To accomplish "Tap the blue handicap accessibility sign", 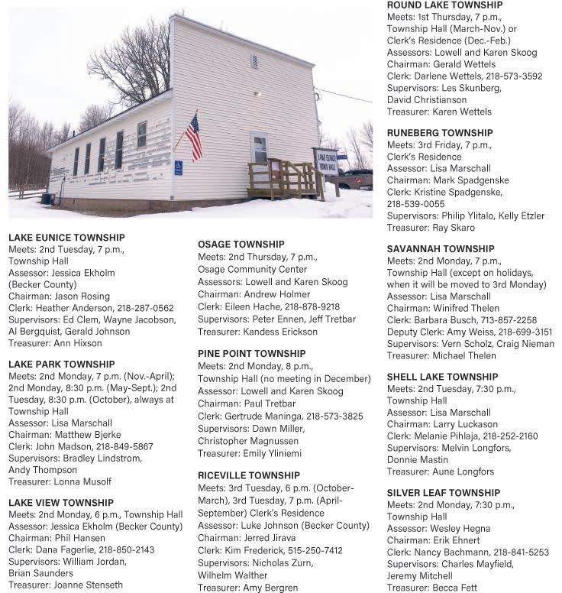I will [x=179, y=167].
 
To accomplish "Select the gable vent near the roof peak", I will [x=254, y=61].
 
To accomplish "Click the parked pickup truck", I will [x=356, y=179].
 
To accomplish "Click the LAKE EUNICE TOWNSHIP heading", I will [x=66, y=238].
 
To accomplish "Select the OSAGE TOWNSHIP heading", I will [x=241, y=245].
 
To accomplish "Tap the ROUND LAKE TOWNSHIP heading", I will [x=444, y=5].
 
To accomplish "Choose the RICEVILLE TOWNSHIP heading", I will [x=249, y=475].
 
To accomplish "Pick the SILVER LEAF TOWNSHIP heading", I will [x=444, y=493].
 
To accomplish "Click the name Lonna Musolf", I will [x=84, y=481].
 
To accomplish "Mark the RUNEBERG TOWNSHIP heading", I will [x=440, y=133].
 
